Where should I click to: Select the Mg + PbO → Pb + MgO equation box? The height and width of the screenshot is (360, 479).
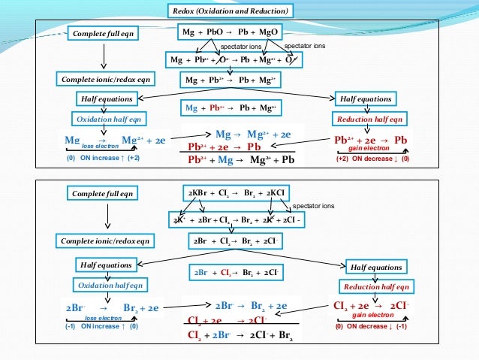tap(230, 33)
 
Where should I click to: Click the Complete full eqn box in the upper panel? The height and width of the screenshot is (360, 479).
tap(104, 34)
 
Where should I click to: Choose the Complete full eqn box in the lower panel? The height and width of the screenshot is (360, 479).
tap(104, 194)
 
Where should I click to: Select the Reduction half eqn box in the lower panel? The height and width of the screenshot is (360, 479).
tap(376, 287)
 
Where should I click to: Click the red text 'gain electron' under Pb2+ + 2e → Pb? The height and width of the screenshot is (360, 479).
tap(371, 149)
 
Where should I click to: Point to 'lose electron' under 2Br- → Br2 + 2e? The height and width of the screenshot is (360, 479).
tap(102, 318)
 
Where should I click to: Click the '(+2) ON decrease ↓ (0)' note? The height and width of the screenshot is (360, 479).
tap(372, 159)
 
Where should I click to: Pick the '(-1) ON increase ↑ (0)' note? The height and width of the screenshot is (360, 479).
tap(101, 326)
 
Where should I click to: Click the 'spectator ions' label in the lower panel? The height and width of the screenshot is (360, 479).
tap(313, 205)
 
